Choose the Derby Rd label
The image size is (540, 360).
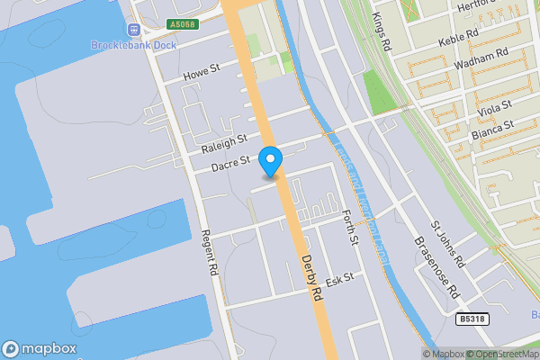pyautogui.click(x=311, y=277)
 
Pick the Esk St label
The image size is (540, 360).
pyautogui.click(x=339, y=281)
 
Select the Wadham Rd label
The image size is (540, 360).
pyautogui.click(x=481, y=60)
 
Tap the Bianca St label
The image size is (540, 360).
pyautogui.click(x=491, y=131)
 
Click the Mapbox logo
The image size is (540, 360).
pyautogui.click(x=40, y=348)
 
